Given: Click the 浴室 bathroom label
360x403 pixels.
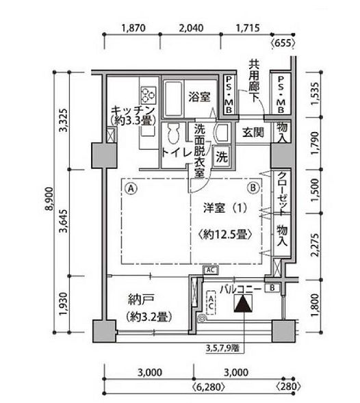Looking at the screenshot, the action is tap(199, 96).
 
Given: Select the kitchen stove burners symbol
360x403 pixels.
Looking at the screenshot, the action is tap(149, 95).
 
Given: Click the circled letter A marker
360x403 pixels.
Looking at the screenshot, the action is tap(131, 188).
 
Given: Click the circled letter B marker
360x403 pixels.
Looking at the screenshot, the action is tap(253, 188).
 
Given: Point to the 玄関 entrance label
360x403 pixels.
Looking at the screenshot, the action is tap(253, 133).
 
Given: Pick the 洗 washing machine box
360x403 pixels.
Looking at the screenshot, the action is tap(222, 157).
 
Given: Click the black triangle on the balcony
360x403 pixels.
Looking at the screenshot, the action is tap(243, 303).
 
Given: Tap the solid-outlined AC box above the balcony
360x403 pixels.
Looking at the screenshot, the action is tap(211, 270).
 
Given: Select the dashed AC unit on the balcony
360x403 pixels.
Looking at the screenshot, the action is tap(211, 302).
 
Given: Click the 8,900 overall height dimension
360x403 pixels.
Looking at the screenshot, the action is tap(50, 199).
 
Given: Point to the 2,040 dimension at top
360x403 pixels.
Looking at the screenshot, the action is tap(191, 28).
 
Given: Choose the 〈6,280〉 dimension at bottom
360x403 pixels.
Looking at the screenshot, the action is tap(209, 387).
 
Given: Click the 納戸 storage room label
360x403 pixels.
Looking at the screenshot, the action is tap(141, 300).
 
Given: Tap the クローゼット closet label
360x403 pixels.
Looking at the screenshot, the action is tap(282, 193).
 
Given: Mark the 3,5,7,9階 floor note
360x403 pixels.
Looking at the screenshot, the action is tap(222, 348).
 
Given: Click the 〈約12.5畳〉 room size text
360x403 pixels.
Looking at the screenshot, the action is tap(225, 235).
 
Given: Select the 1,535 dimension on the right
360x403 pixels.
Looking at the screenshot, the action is tap(316, 94).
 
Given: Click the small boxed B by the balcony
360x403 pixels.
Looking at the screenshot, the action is tap(272, 288).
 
